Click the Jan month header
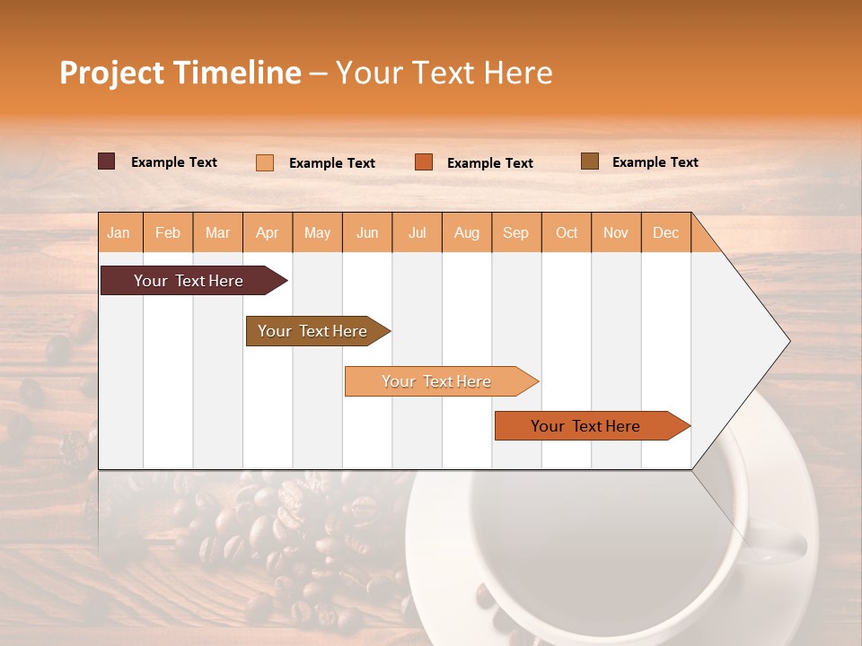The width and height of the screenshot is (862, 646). click(119, 232)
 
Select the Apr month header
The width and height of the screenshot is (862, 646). click(268, 232)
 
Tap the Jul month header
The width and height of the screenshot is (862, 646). click(417, 232)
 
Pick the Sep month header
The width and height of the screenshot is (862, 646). click(515, 232)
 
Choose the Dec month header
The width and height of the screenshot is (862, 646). click(665, 232)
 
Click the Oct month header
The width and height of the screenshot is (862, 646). click(567, 232)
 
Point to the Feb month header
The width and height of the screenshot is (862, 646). click(168, 232)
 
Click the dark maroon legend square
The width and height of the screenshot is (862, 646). click(107, 161)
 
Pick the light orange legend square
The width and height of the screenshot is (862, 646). click(265, 162)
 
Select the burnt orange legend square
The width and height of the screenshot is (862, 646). click(424, 161)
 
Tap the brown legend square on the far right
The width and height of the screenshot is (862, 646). click(590, 161)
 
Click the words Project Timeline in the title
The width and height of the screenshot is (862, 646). click(180, 73)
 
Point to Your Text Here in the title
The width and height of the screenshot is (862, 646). click(444, 73)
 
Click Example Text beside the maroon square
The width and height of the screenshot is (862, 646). click(174, 162)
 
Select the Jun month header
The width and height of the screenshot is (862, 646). click(367, 232)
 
